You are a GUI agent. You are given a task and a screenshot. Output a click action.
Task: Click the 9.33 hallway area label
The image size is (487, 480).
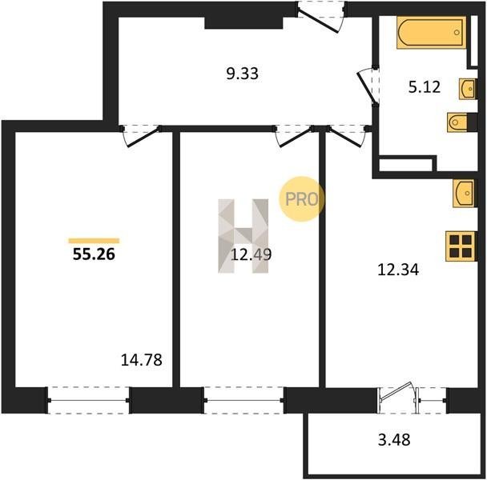(x=242, y=74)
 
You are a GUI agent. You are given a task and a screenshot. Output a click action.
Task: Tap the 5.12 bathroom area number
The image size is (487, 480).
(x=425, y=87)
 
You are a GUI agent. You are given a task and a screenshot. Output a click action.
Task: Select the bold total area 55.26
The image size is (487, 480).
(x=94, y=254)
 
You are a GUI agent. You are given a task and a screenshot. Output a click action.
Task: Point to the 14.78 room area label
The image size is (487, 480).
(x=141, y=360)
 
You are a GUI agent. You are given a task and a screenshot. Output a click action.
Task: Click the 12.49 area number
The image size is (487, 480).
(x=252, y=254)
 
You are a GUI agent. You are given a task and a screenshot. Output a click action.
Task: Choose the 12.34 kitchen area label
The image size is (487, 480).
(x=398, y=270)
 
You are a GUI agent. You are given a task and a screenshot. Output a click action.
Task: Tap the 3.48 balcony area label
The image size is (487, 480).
(x=394, y=440)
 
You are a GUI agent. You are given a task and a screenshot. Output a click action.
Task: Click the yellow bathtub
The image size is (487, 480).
(x=432, y=33)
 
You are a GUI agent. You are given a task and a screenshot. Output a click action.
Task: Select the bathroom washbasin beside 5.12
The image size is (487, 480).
(x=467, y=89)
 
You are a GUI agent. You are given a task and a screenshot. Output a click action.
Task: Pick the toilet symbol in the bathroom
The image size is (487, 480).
(x=457, y=122)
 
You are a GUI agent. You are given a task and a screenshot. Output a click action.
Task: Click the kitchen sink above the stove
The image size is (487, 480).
(x=464, y=193)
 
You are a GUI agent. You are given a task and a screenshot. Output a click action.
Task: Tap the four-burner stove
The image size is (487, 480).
(x=461, y=246)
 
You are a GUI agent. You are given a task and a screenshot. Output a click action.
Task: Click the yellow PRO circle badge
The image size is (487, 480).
(x=301, y=199)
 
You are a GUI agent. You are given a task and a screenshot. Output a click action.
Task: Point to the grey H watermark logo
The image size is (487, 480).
(x=243, y=236)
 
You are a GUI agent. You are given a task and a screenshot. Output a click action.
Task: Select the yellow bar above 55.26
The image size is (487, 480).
(x=94, y=241)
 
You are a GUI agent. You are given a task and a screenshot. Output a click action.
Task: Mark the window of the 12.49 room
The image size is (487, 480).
(x=243, y=400)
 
